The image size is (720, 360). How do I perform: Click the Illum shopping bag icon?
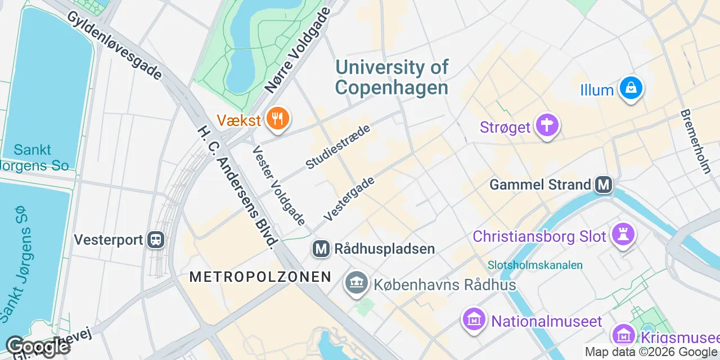pyautogui.click(x=631, y=88)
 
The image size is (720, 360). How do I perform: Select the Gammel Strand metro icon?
pyautogui.click(x=604, y=184)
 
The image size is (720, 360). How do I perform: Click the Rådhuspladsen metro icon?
pyautogui.click(x=321, y=249)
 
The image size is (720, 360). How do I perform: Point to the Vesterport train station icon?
pyautogui.click(x=155, y=240)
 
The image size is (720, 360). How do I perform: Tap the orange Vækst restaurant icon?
pyautogui.click(x=277, y=119)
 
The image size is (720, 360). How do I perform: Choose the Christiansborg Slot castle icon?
pyautogui.click(x=625, y=235)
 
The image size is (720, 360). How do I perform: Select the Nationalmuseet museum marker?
pyautogui.click(x=473, y=319)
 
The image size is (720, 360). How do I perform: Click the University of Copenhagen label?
pyautogui.click(x=392, y=77)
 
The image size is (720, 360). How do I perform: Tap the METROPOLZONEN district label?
pyautogui.click(x=260, y=277)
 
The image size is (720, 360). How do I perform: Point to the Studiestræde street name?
pyautogui.click(x=338, y=147)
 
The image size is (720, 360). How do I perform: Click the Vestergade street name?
pyautogui.click(x=349, y=197)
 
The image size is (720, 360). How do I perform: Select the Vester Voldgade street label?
pyautogui.click(x=278, y=186)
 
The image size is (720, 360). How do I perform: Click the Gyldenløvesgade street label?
pyautogui.click(x=115, y=45)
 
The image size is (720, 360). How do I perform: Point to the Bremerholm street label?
pyautogui.click(x=696, y=141)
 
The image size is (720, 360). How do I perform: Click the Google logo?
pyautogui.click(x=37, y=346)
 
